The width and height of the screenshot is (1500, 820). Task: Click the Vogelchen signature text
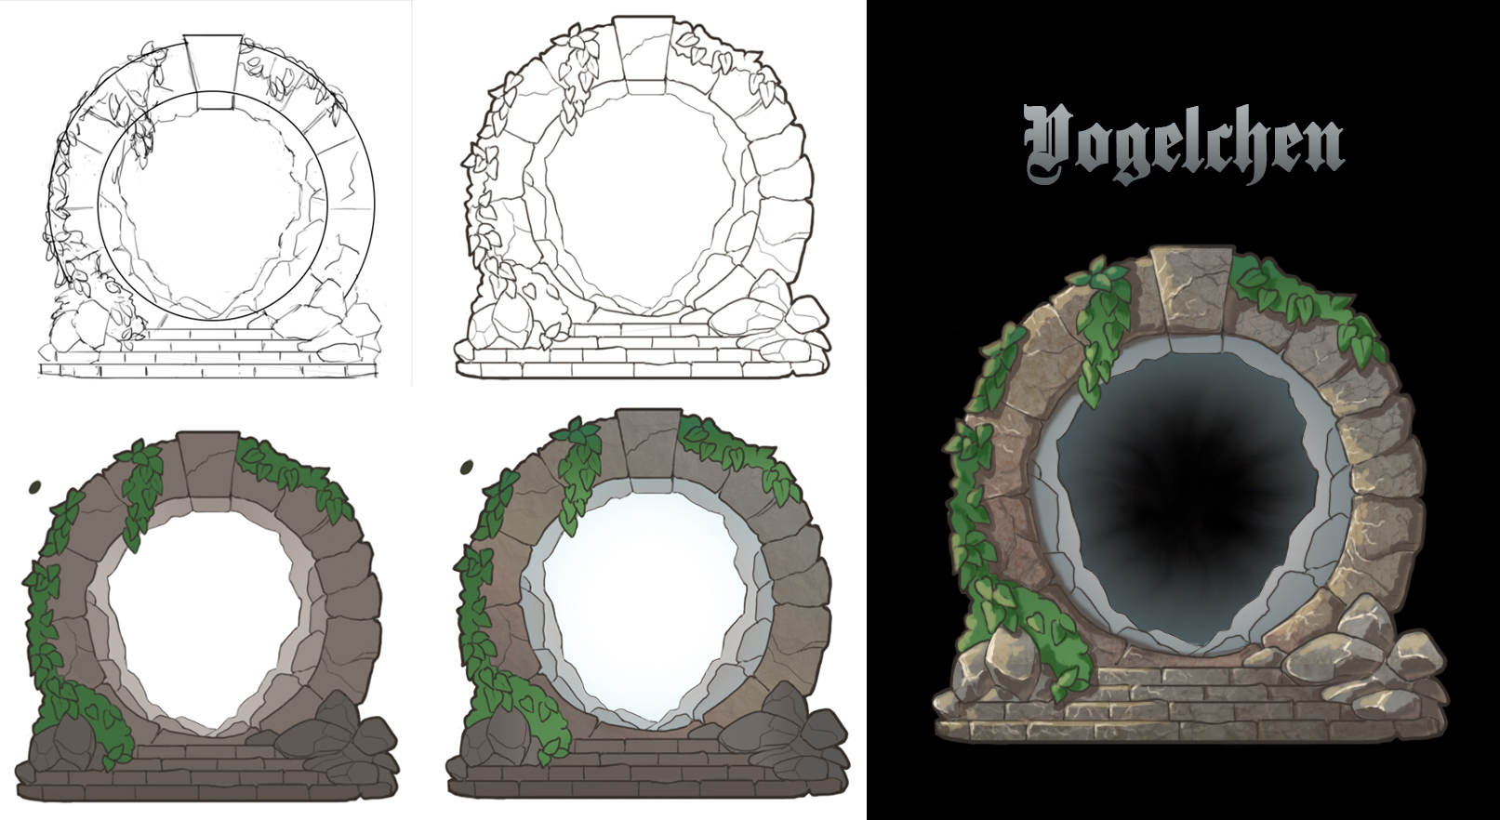pyautogui.click(x=1183, y=147)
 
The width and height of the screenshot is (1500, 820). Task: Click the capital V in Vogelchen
pyautogui.click(x=1054, y=147)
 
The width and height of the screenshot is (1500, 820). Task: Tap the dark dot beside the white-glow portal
pyautogui.click(x=468, y=467)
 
